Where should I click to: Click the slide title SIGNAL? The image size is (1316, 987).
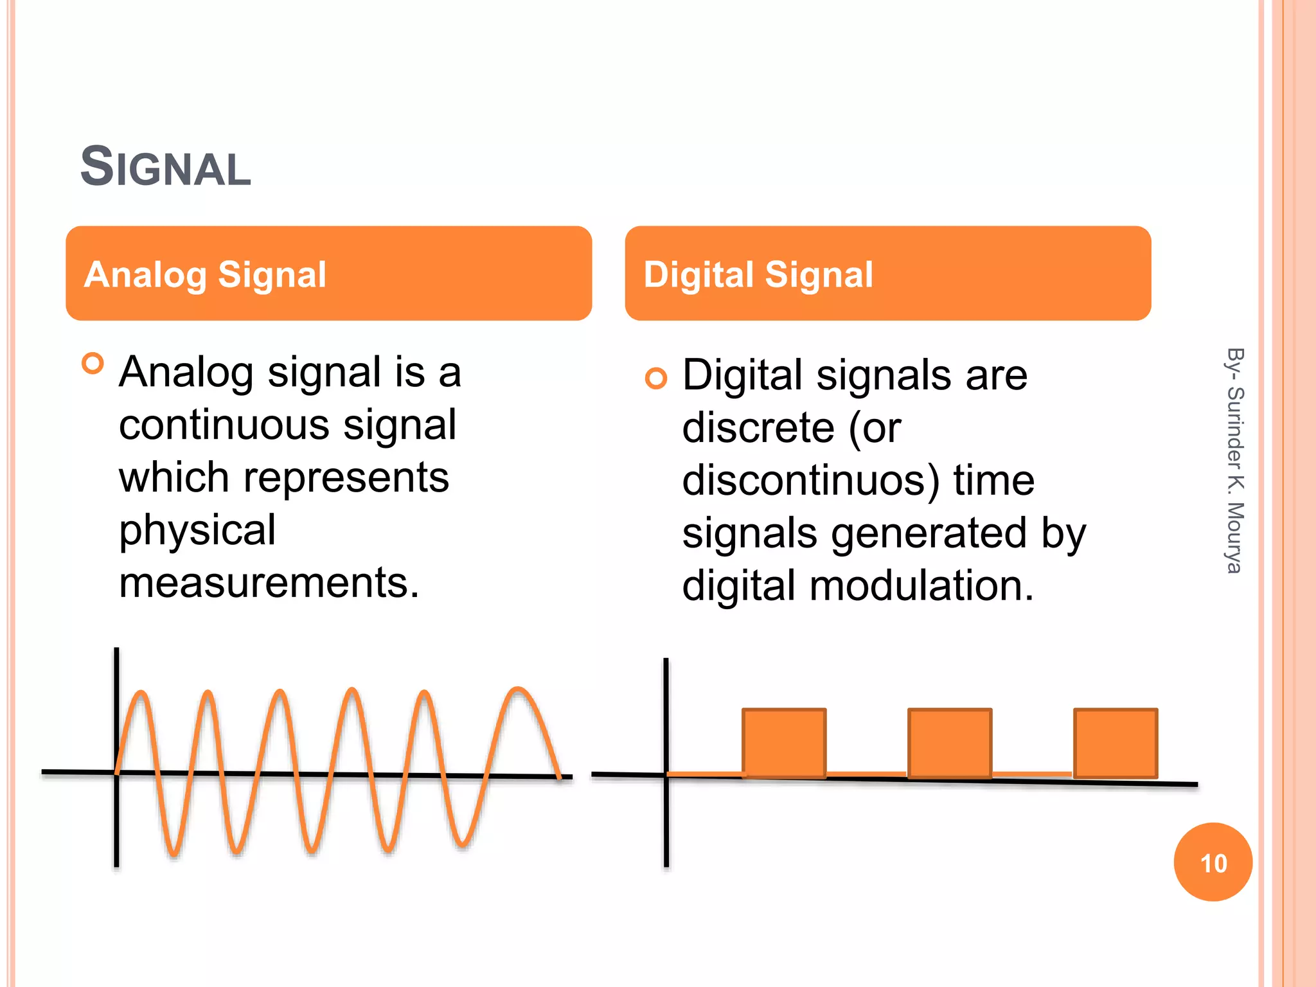[166, 167]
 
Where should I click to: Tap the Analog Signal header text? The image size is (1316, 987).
[206, 274]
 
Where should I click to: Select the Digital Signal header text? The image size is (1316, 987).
[758, 274]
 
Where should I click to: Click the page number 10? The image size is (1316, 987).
[1213, 863]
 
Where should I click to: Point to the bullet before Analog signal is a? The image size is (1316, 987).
[93, 364]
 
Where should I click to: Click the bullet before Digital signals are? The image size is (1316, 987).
[656, 378]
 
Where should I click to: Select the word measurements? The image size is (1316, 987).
[269, 583]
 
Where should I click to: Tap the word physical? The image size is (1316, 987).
[197, 531]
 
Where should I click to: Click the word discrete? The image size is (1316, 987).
[758, 428]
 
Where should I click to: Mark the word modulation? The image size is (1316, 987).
[921, 586]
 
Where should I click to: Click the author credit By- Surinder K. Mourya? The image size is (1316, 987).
[1234, 460]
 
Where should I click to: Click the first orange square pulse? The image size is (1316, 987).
[784, 743]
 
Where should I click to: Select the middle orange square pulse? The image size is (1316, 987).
[950, 743]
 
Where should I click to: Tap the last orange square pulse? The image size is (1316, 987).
[1116, 743]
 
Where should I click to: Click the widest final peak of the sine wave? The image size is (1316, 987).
[517, 691]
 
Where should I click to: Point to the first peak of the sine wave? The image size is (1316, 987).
[141, 693]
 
